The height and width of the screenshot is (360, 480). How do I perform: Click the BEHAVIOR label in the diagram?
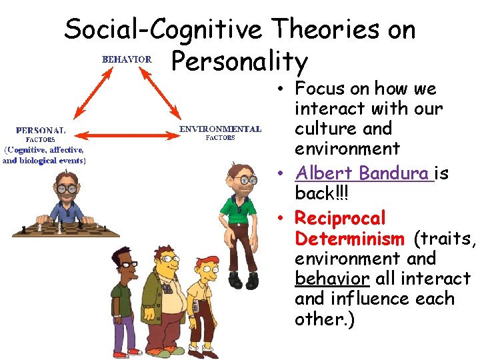(127, 59)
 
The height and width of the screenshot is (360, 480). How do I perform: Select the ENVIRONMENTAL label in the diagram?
(219, 129)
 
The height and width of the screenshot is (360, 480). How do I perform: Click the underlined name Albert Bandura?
(363, 173)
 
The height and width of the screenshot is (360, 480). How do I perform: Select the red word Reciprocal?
(340, 218)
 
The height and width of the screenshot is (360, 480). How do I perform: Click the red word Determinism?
(349, 238)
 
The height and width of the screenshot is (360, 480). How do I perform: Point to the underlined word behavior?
(331, 278)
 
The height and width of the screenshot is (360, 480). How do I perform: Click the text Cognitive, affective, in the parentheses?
(44, 150)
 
